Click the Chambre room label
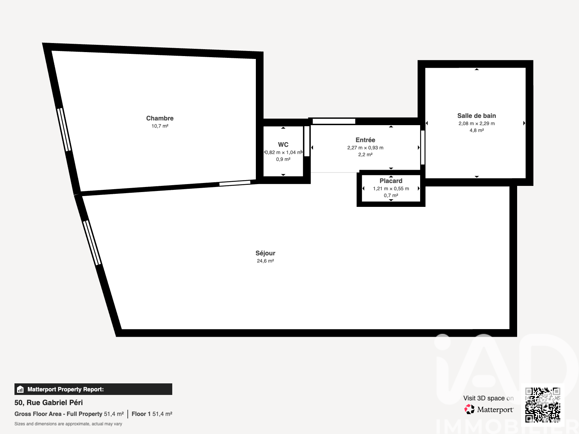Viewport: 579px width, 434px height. click(160, 118)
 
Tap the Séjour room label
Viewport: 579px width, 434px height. click(265, 253)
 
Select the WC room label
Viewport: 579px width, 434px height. click(283, 145)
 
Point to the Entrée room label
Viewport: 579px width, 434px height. click(365, 140)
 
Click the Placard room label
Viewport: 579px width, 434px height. click(391, 181)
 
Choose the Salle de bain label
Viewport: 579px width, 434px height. click(477, 116)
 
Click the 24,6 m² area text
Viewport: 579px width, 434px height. click(265, 261)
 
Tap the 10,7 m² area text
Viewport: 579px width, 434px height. click(160, 126)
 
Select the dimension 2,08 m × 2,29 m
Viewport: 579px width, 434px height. click(477, 123)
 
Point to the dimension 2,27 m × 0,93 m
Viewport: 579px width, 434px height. click(365, 148)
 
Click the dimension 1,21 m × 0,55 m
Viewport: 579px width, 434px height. click(391, 188)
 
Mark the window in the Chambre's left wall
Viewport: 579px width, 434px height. click(64, 129)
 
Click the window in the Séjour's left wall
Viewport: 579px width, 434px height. click(92, 243)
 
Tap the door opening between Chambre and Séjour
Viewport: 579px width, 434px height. click(235, 183)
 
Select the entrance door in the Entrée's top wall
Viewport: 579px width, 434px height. click(334, 122)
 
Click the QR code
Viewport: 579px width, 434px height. click(543, 405)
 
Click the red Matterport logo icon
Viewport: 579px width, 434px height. click(469, 409)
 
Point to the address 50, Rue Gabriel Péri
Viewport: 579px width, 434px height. click(48, 403)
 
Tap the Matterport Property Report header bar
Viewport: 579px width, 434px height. click(93, 389)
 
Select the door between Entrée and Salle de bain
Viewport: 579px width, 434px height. click(423, 148)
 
